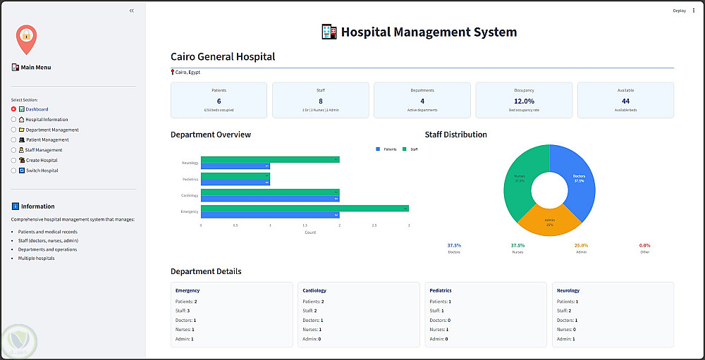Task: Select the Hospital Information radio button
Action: click(13, 120)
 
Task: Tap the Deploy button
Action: click(679, 11)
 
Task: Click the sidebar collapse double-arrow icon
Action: click(131, 11)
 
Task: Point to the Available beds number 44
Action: click(625, 101)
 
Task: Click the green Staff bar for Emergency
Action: click(305, 208)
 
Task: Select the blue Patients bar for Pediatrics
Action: click(235, 182)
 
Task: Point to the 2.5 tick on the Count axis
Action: click(374, 226)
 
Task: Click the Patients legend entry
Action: click(386, 149)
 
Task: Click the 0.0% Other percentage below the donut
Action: click(644, 245)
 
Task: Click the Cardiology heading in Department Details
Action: click(314, 290)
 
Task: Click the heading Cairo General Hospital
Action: click(223, 56)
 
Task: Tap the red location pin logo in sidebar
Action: click(26, 38)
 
